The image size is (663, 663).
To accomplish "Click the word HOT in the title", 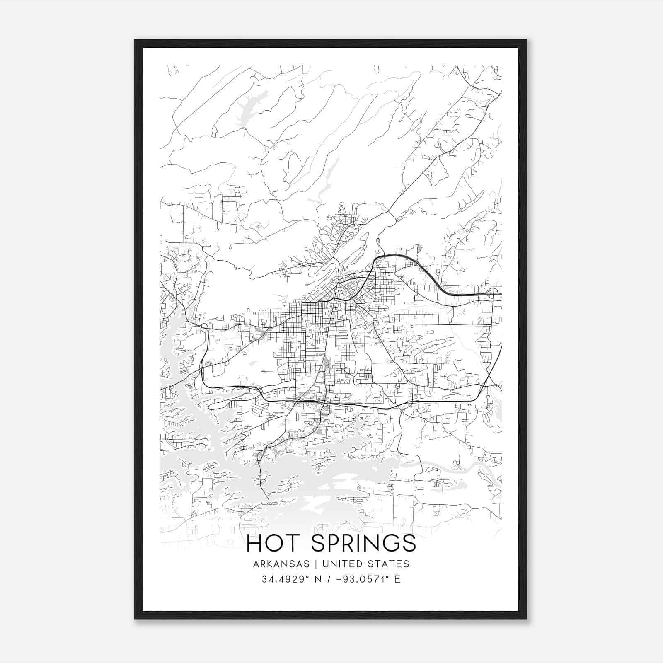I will pyautogui.click(x=274, y=543).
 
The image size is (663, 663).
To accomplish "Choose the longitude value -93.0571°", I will pyautogui.click(x=362, y=579).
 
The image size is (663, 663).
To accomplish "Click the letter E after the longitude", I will pyautogui.click(x=397, y=579).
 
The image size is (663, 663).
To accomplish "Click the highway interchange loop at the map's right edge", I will pyautogui.click(x=492, y=293).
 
